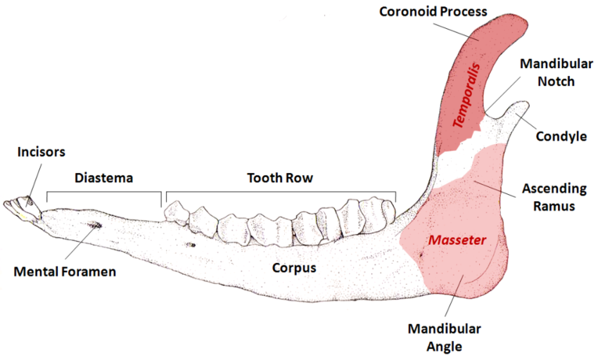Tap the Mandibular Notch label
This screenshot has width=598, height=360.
coord(547,72)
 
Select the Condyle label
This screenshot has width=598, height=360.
coord(561,136)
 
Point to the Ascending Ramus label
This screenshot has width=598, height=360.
coord(554,197)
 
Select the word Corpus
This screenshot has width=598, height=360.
coord(295,268)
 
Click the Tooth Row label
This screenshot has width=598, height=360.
coord(279,179)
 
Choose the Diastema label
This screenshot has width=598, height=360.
coord(104,179)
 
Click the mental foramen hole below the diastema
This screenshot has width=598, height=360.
coord(94,226)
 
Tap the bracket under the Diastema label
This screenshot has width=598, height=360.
coord(104,192)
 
